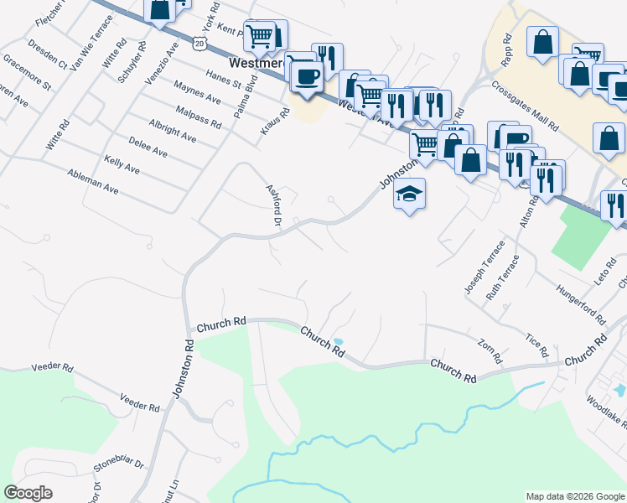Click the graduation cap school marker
click(x=409, y=194)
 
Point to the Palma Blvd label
click(x=244, y=97)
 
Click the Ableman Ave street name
click(x=94, y=180)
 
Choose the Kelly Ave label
click(x=122, y=163)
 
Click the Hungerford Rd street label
click(x=580, y=304)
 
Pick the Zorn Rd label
click(x=490, y=350)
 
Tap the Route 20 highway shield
click(x=198, y=41)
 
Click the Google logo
click(x=28, y=493)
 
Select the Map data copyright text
click(x=575, y=496)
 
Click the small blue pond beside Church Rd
click(x=338, y=342)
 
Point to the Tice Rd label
click(x=536, y=343)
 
